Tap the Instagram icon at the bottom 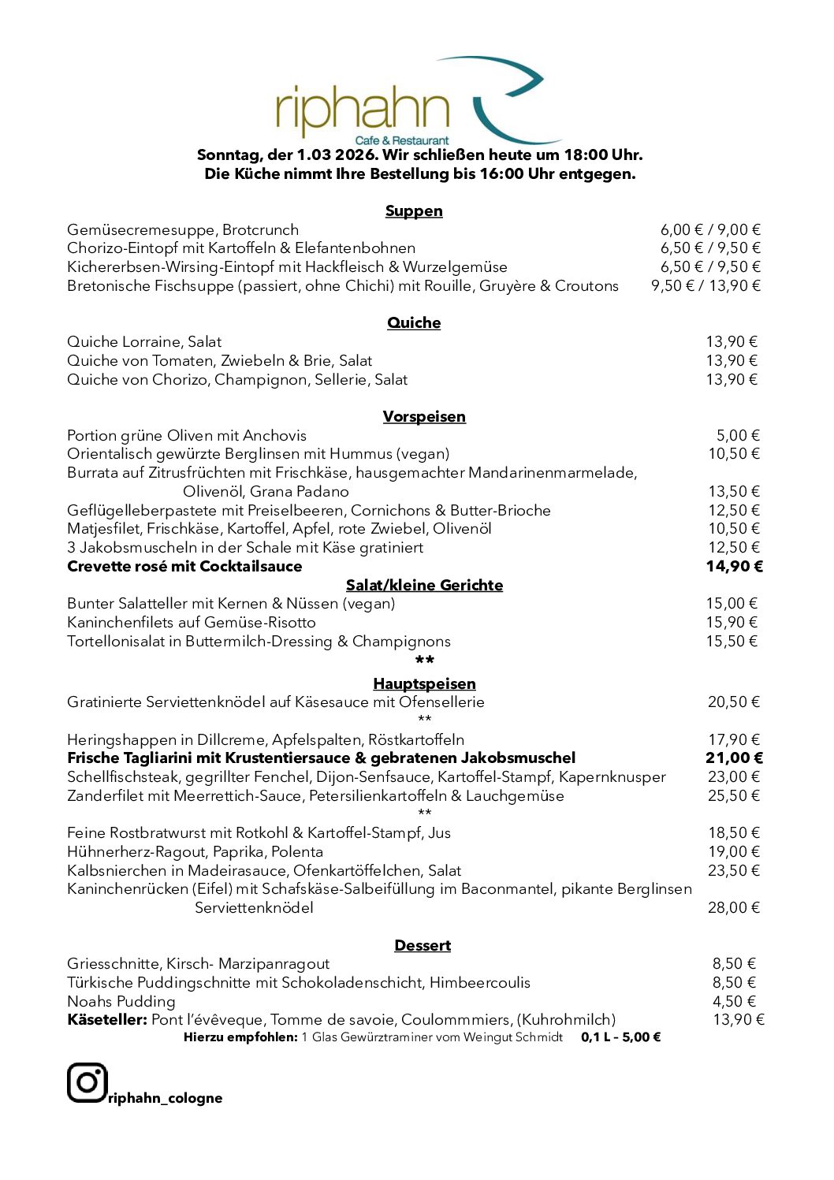coord(87,1082)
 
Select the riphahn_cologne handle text coord(166,1098)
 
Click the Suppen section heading coord(414,211)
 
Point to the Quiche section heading coord(414,323)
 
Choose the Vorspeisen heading coord(424,417)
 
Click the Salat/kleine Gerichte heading coord(424,586)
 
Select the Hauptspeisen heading coord(424,684)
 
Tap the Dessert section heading coord(423,946)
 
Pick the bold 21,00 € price coord(734,758)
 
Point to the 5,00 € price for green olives coord(738,436)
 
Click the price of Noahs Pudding coord(734,1002)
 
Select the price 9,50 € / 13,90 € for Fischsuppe coord(706,286)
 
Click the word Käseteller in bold coord(107,1020)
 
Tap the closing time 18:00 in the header coord(584,155)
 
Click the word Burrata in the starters coord(93,473)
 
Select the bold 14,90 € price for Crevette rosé coord(734,567)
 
